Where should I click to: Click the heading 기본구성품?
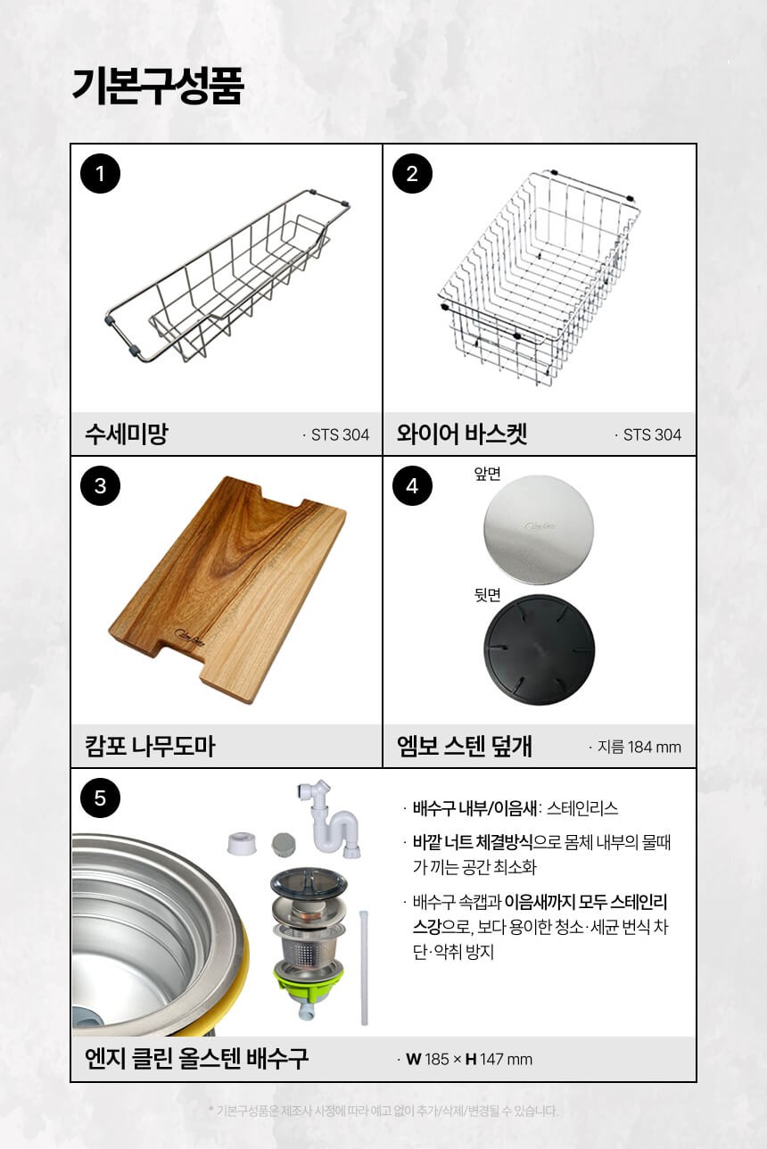click(x=157, y=86)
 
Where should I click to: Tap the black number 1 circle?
click(x=101, y=173)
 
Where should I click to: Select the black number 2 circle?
click(x=412, y=173)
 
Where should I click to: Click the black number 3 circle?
click(x=101, y=485)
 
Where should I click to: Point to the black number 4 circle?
click(x=412, y=485)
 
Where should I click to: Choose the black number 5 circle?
click(x=101, y=798)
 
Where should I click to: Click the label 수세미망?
click(x=126, y=434)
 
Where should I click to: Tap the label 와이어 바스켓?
click(x=461, y=434)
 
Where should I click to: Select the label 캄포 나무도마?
click(x=150, y=746)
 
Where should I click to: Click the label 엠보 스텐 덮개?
click(x=464, y=746)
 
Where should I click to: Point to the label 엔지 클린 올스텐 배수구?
click(x=196, y=1058)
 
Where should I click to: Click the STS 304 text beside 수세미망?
click(x=336, y=435)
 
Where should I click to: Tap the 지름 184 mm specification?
click(x=635, y=747)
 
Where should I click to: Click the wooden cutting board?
click(x=227, y=590)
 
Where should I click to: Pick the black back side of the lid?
click(x=540, y=649)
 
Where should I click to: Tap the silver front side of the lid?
click(x=539, y=529)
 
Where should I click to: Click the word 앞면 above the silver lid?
click(x=487, y=474)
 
